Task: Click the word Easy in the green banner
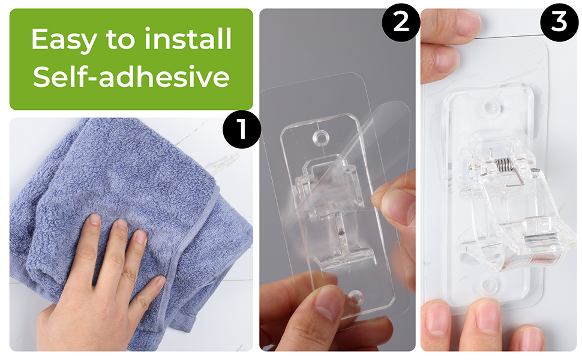(x=64, y=40)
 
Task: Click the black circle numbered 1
(x=241, y=129)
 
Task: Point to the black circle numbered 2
(x=401, y=23)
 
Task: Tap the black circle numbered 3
(x=559, y=22)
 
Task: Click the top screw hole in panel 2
(x=322, y=137)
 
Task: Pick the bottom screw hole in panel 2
(x=355, y=298)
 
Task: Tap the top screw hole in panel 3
(x=491, y=107)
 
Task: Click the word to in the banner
(x=120, y=40)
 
